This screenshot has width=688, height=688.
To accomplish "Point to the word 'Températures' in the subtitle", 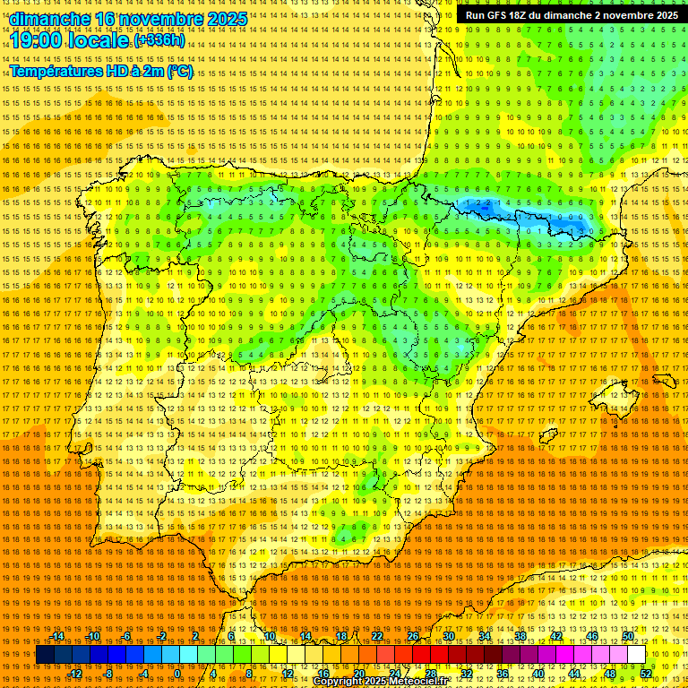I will coord(55,71).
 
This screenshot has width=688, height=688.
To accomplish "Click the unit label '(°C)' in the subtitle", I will coord(179,71).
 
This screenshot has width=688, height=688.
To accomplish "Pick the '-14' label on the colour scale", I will coord(59,636).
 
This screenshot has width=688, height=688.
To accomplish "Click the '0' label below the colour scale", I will coord(177,674).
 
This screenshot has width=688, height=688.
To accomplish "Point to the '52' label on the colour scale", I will coord(647,674).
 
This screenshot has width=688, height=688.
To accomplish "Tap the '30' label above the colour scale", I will coord(448,636).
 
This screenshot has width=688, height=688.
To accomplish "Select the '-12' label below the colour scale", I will coord(75,674).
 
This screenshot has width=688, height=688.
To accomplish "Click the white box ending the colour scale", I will coord(636,655).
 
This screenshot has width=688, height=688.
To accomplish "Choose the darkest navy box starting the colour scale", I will coord(45,655).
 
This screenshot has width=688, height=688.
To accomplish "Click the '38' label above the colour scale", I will coord(520,636).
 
